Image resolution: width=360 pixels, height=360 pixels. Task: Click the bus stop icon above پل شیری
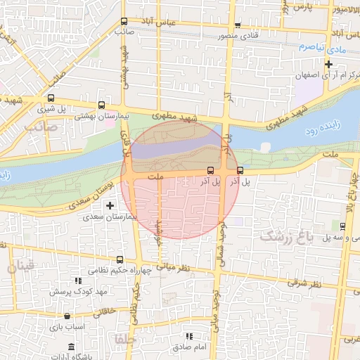[51, 98]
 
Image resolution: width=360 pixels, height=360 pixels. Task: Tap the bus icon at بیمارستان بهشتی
[102, 103]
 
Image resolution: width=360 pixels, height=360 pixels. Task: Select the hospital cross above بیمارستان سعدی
[109, 205]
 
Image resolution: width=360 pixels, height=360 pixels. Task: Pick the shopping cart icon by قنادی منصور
[238, 24]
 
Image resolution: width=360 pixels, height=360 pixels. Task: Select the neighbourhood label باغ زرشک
[285, 236]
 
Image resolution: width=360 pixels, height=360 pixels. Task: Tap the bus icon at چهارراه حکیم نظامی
[119, 259]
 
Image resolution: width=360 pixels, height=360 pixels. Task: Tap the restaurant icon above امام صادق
[188, 337]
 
